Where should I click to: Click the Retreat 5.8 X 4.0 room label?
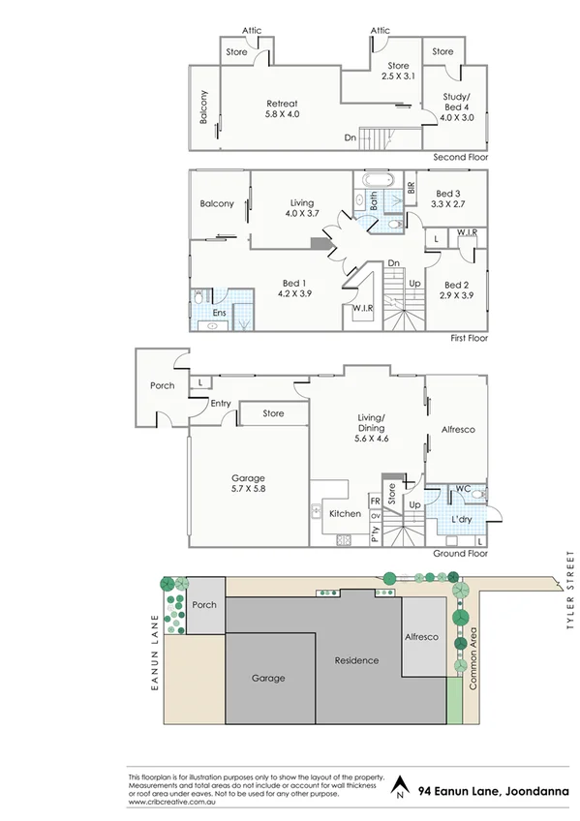click(282, 108)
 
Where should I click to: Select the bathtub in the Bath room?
click(377, 181)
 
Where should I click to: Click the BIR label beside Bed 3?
click(411, 189)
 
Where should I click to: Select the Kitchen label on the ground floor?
click(345, 514)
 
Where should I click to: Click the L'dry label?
click(463, 520)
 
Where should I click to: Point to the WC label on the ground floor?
click(462, 488)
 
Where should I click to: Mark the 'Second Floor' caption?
click(460, 157)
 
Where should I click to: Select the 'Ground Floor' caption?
click(461, 554)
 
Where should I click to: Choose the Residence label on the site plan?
click(356, 660)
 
